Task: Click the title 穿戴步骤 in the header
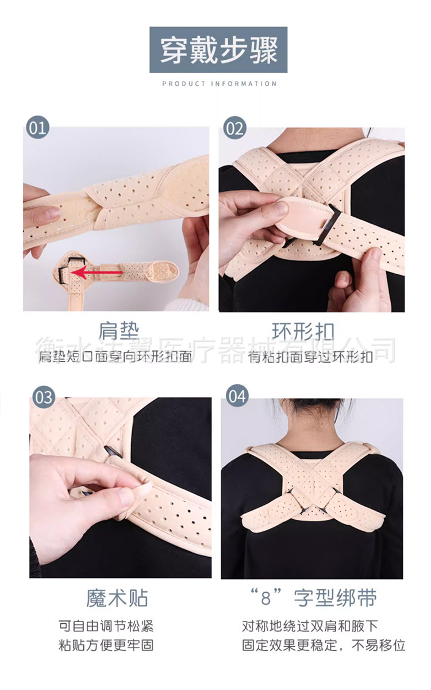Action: click(x=218, y=50)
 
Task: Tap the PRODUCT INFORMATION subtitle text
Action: click(x=219, y=84)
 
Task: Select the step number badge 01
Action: click(x=37, y=128)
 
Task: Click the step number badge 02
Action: click(x=234, y=128)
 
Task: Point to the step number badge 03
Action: click(x=43, y=397)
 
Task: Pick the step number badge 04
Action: click(x=237, y=397)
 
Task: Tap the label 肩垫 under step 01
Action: click(x=118, y=331)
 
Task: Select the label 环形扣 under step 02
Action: click(x=311, y=332)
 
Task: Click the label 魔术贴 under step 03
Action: click(x=117, y=598)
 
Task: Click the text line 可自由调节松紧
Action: click(x=106, y=626)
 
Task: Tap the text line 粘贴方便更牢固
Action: click(x=106, y=645)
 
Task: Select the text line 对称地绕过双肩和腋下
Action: click(x=310, y=626)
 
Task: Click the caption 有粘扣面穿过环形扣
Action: click(x=310, y=357)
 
